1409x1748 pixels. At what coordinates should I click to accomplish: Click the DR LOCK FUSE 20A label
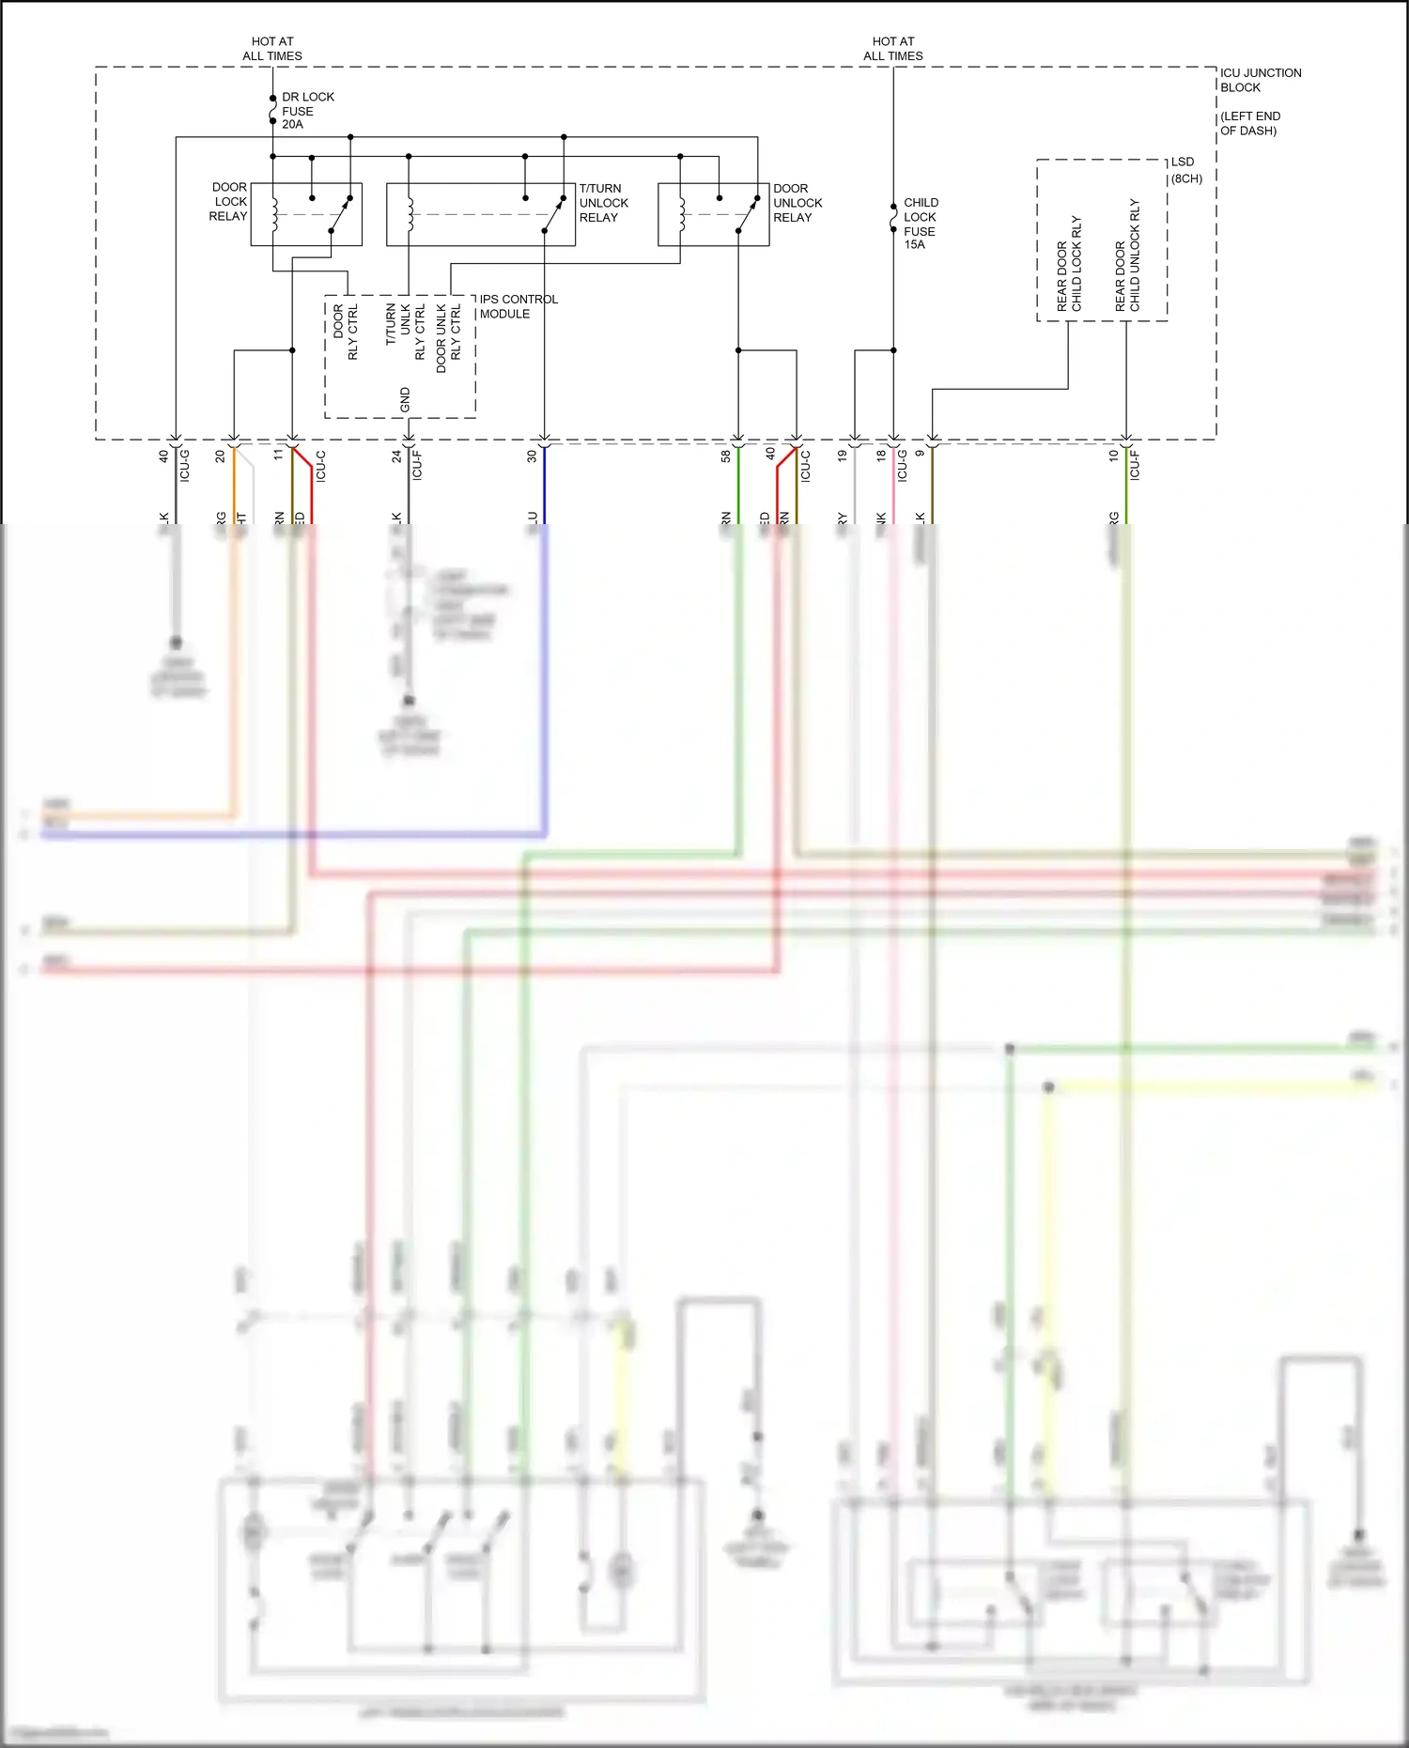(x=307, y=111)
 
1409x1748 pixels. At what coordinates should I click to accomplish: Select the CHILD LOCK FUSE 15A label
(x=920, y=224)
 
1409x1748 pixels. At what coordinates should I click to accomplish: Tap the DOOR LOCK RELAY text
(x=228, y=202)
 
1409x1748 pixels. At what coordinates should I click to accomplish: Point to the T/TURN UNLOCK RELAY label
(x=603, y=203)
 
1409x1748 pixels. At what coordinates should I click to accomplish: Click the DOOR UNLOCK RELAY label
(x=797, y=203)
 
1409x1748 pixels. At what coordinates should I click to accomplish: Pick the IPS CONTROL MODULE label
(x=518, y=306)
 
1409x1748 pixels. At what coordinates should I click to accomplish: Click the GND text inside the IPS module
(x=405, y=399)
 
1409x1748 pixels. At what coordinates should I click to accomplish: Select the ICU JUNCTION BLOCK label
(x=1260, y=80)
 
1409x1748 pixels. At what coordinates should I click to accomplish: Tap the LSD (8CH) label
(x=1185, y=170)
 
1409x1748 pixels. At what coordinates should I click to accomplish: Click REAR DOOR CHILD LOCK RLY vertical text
(x=1069, y=264)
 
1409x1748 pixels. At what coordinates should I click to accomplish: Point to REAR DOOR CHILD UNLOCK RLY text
(x=1127, y=255)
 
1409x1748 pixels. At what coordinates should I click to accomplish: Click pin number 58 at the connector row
(x=726, y=456)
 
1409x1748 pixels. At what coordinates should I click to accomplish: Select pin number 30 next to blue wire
(x=532, y=456)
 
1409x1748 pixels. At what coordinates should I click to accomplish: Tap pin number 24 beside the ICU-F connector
(x=396, y=456)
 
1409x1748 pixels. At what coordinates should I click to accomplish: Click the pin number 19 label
(x=843, y=456)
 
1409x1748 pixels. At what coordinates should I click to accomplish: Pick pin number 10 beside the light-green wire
(x=1113, y=456)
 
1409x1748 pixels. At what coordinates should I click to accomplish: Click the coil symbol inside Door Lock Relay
(x=274, y=214)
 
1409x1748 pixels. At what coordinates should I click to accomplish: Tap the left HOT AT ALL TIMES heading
(x=272, y=49)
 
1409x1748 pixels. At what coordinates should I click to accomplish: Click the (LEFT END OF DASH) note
(x=1249, y=123)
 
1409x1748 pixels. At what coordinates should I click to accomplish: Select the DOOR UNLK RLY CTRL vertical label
(x=448, y=337)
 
